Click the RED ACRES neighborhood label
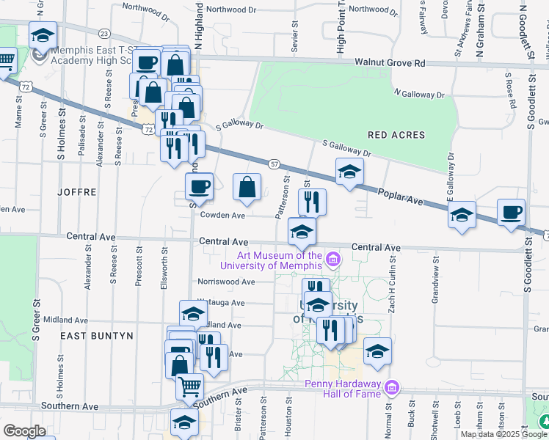pos(396,136)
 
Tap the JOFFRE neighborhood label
pos(77,192)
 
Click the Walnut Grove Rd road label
pos(390,63)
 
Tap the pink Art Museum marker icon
pos(333,259)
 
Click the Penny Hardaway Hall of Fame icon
pos(392,386)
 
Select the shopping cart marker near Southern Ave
pos(190,384)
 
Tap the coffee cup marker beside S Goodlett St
pos(511,212)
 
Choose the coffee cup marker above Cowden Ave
pos(199,186)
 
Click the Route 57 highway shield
pos(274,164)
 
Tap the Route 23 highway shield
pos(104,34)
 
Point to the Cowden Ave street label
pos(223,216)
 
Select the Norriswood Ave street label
pos(226,282)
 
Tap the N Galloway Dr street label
pos(419,94)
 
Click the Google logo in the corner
pos(24,431)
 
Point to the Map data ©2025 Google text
pos(503,434)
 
